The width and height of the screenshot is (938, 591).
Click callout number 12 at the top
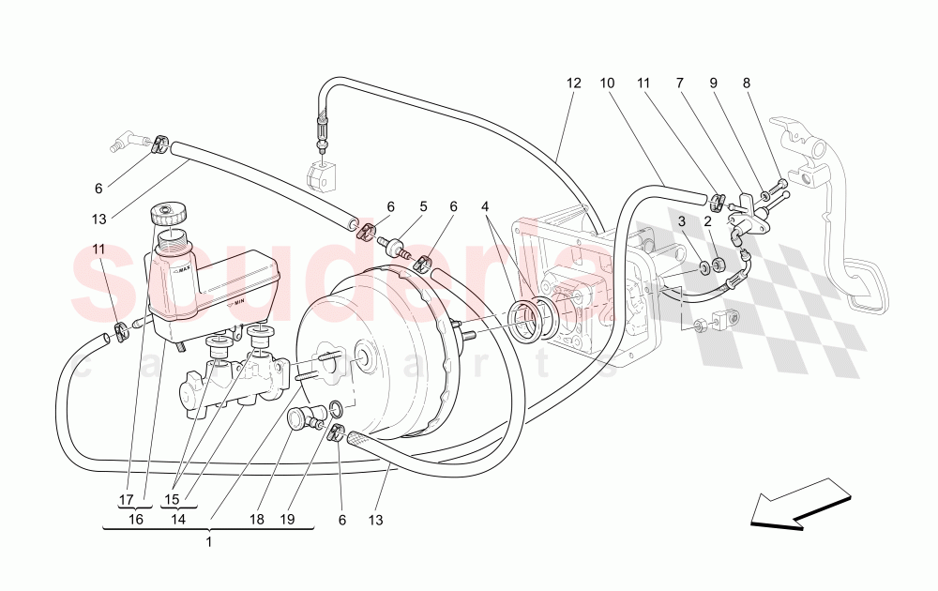574,83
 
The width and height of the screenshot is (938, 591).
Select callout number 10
607,83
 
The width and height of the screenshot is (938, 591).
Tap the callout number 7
678,83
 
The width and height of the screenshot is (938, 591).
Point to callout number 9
714,83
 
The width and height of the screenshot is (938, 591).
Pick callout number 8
747,83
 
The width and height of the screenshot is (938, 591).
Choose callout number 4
485,206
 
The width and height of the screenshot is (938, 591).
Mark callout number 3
683,221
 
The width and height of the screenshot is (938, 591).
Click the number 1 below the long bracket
208,541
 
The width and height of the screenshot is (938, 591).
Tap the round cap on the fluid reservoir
169,213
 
